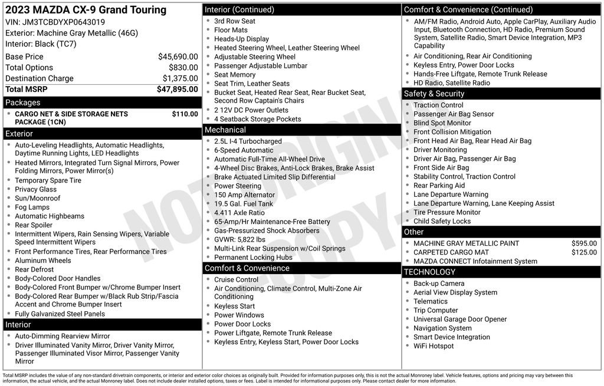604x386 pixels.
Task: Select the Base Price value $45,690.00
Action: tap(178, 57)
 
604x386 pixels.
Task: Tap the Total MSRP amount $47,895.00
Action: tap(177, 89)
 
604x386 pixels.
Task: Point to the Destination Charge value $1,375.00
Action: tap(180, 78)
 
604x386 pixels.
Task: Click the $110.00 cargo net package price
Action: tap(185, 114)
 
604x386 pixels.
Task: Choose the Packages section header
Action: tap(23, 103)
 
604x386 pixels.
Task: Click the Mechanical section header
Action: tap(225, 130)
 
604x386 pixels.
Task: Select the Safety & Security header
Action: tap(434, 94)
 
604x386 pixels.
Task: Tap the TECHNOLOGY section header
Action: tap(429, 272)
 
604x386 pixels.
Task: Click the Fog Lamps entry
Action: tap(32, 207)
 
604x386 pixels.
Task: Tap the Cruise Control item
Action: tap(236, 279)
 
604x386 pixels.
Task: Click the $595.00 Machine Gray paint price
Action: tap(584, 243)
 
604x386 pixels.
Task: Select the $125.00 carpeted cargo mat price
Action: tap(584, 252)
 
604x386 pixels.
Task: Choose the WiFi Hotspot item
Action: tap(434, 346)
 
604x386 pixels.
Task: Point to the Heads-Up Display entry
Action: tap(241, 39)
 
